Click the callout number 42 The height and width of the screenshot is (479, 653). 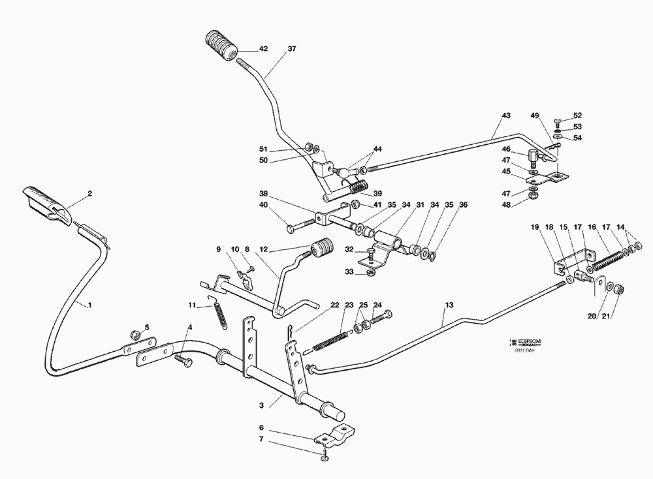click(x=263, y=49)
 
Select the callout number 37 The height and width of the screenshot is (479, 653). click(x=291, y=49)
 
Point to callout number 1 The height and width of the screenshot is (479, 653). click(x=89, y=304)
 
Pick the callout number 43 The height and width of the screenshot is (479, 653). click(x=505, y=116)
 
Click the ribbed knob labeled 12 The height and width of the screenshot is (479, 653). click(x=321, y=249)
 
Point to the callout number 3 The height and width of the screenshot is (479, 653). click(x=261, y=405)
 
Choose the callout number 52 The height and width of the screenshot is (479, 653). click(x=577, y=116)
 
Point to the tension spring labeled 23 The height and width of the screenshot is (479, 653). click(x=333, y=341)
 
